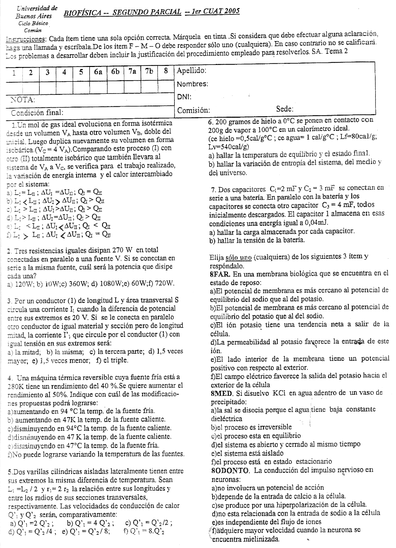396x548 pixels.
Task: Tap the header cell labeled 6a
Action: pyautogui.click(x=98, y=72)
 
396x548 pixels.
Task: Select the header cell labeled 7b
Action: pyautogui.click(x=149, y=72)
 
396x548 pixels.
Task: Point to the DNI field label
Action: pyautogui.click(x=183, y=96)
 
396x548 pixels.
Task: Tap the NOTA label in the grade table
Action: pyautogui.click(x=23, y=98)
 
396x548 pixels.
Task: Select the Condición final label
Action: pyautogui.click(x=38, y=112)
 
